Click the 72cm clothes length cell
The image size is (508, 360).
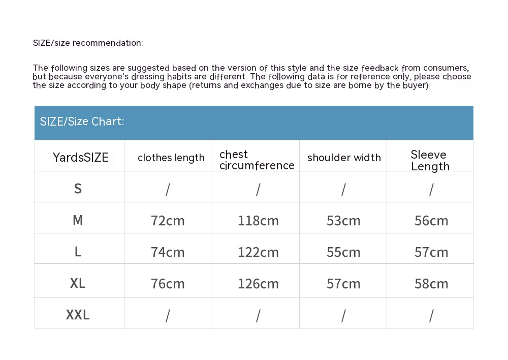coord(168,221)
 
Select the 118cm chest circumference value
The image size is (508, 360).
coord(258,221)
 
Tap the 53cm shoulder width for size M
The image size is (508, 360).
coord(343,221)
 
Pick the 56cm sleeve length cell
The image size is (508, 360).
coord(431,221)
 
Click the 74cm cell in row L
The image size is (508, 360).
coord(168,252)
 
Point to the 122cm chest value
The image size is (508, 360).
coord(258,252)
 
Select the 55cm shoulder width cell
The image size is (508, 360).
coord(343,252)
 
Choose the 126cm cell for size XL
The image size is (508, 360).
coord(258,284)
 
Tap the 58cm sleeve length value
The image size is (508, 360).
coord(431,284)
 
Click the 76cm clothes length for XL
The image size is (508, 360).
coord(168,284)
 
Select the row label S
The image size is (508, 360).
coord(78,189)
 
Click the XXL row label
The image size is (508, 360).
coord(78,315)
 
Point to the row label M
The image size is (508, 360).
coord(78,220)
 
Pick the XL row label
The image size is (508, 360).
coord(78,283)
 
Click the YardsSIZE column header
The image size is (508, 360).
coord(80,158)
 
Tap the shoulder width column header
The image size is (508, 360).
coord(344,158)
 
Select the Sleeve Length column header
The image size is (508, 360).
coord(430,161)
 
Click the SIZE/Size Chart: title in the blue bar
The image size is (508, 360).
coord(82,122)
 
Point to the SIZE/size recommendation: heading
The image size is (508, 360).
coord(88,43)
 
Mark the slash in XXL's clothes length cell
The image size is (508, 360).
coord(168,316)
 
